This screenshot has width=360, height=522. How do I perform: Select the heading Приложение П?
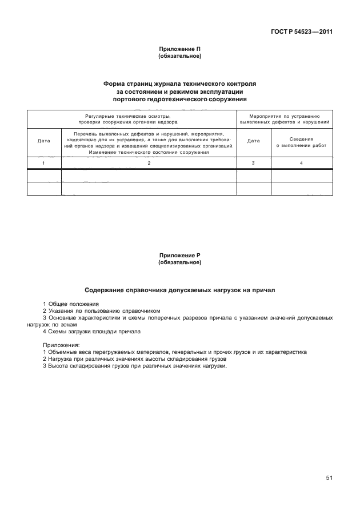tap(179, 50)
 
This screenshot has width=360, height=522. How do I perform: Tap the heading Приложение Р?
tap(179, 256)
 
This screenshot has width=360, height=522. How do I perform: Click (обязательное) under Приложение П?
tap(179, 57)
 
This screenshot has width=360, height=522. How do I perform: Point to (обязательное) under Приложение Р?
tap(179, 263)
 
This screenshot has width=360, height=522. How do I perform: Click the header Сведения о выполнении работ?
tap(301, 142)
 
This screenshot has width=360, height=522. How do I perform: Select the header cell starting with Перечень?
tap(149, 142)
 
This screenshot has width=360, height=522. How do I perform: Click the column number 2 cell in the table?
tap(149, 163)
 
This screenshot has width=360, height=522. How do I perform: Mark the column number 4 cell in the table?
tap(301, 163)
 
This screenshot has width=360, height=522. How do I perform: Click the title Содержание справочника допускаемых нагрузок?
tap(179, 290)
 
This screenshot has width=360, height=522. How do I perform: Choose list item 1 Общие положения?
tap(71, 304)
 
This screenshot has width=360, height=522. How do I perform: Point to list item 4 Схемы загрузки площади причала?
tap(91, 332)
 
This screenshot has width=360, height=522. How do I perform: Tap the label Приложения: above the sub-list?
tap(61, 345)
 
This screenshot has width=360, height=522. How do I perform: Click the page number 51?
tap(329, 478)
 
